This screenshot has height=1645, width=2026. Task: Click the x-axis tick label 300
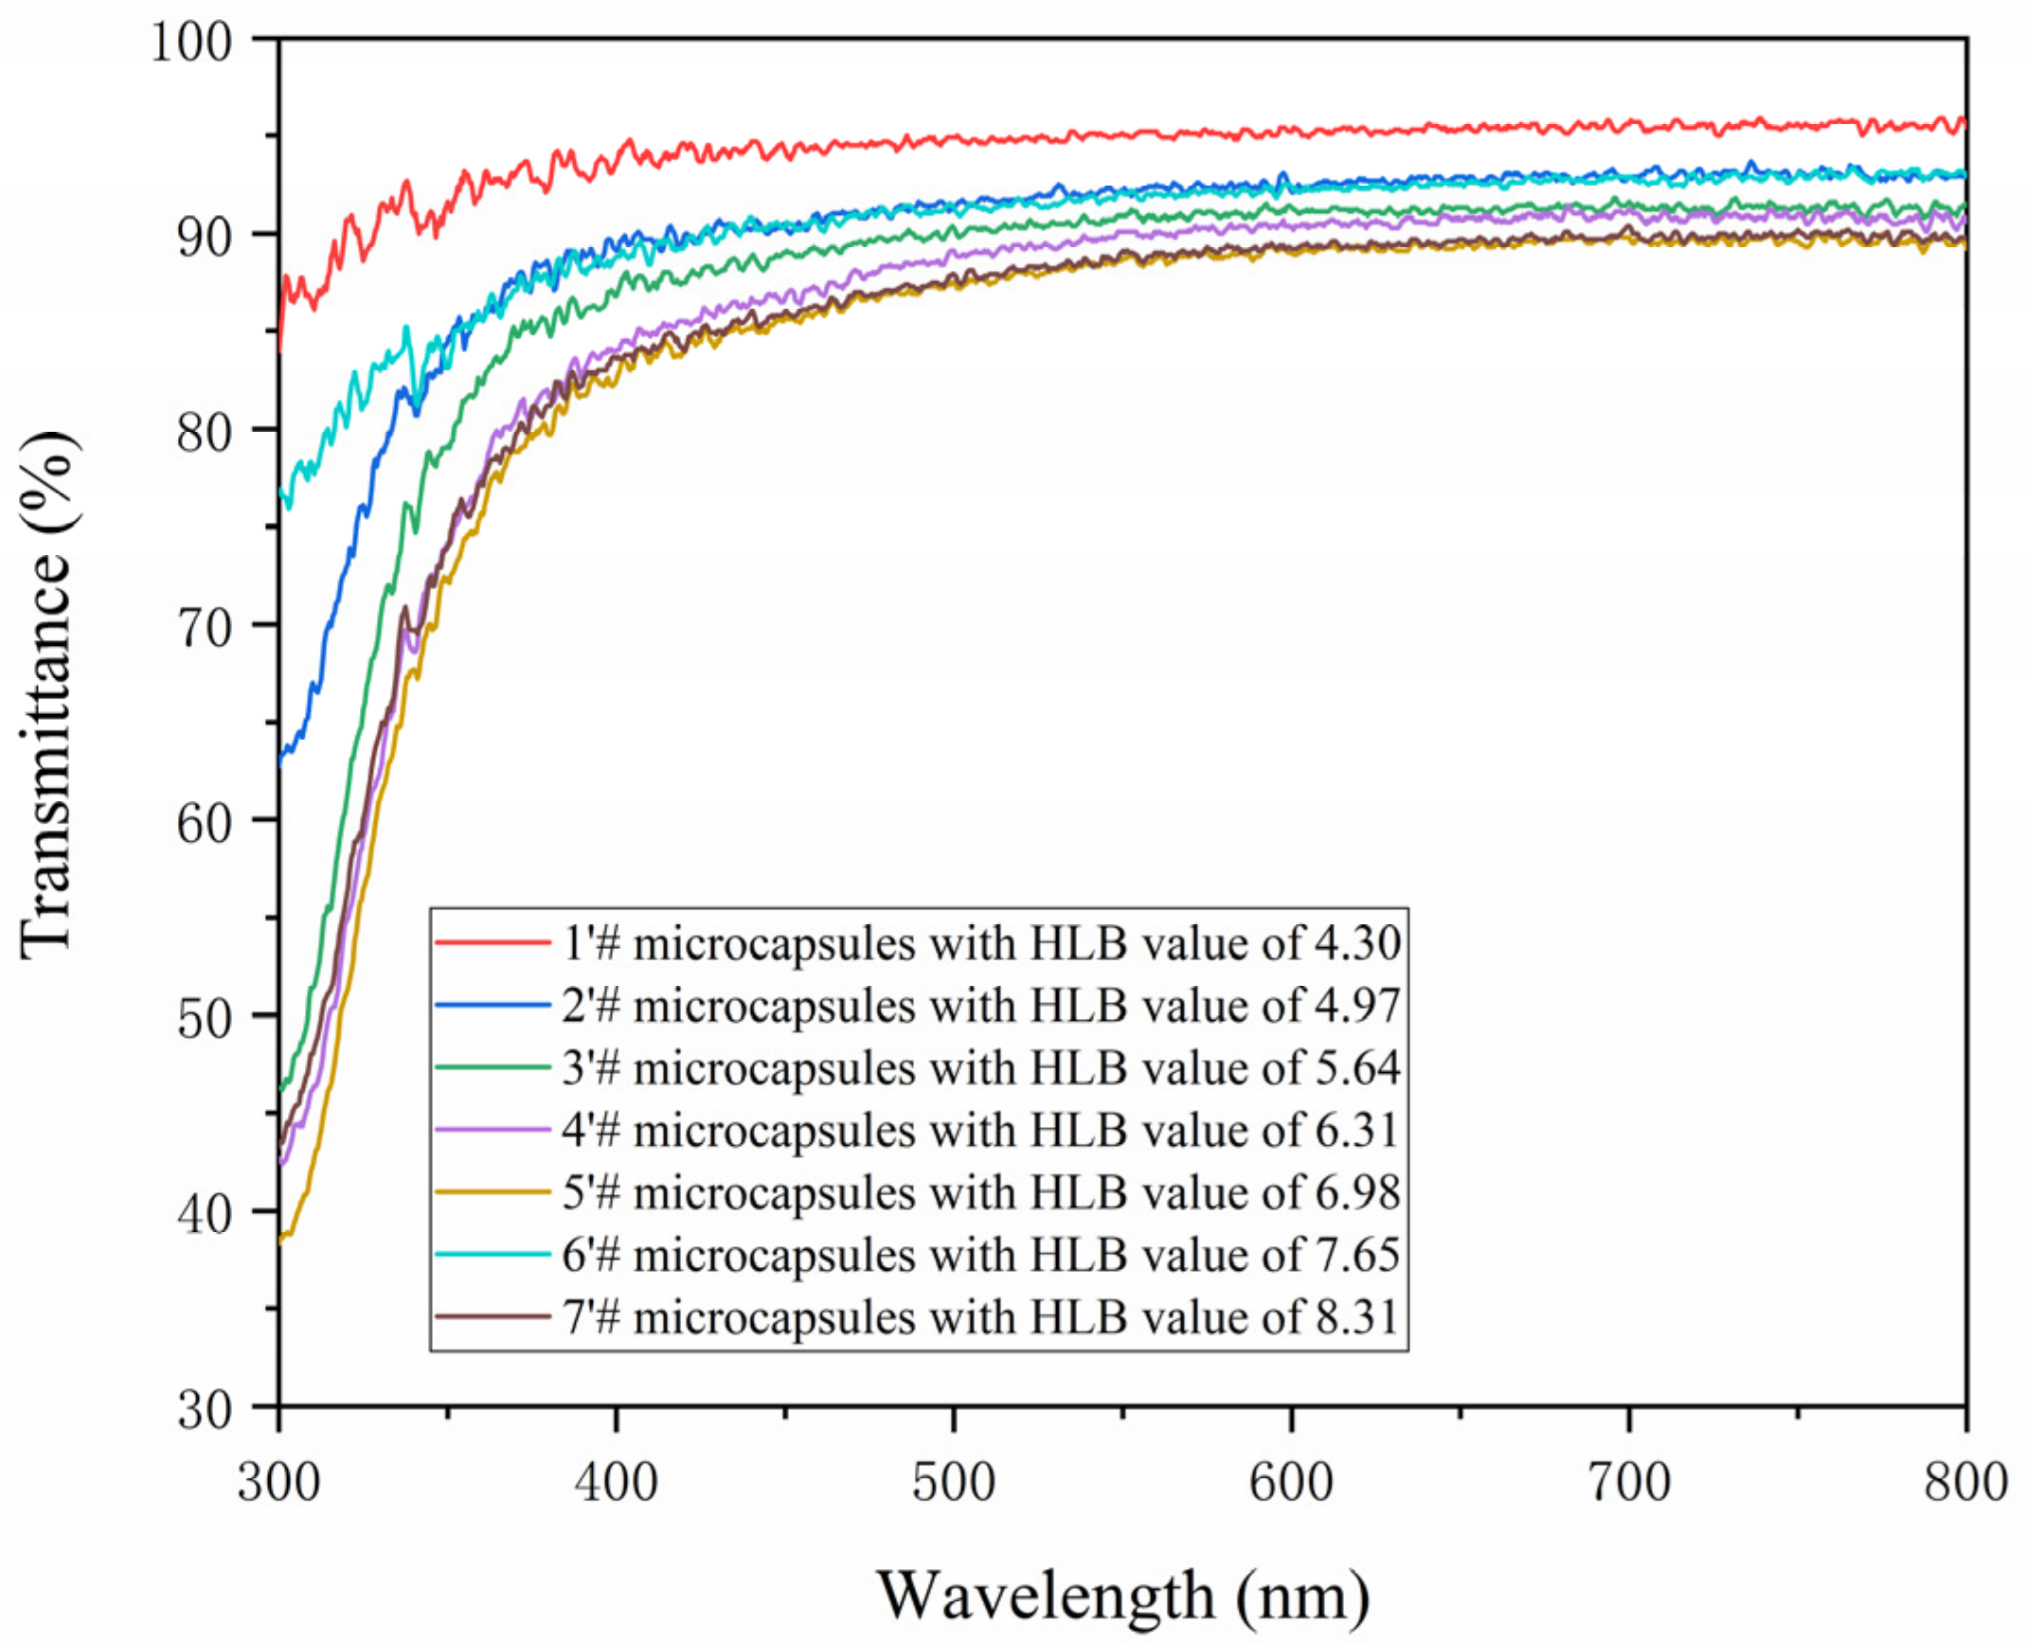(x=278, y=1483)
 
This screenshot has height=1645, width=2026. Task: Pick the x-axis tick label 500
(x=953, y=1483)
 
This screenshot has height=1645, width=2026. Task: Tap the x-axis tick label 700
(x=1629, y=1483)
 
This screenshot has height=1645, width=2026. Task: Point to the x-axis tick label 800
(x=1965, y=1483)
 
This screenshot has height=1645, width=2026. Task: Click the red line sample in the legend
(x=493, y=943)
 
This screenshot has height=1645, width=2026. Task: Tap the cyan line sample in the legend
(x=493, y=1254)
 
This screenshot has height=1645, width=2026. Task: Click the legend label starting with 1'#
(x=981, y=943)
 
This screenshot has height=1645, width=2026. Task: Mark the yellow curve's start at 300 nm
(x=281, y=1240)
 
